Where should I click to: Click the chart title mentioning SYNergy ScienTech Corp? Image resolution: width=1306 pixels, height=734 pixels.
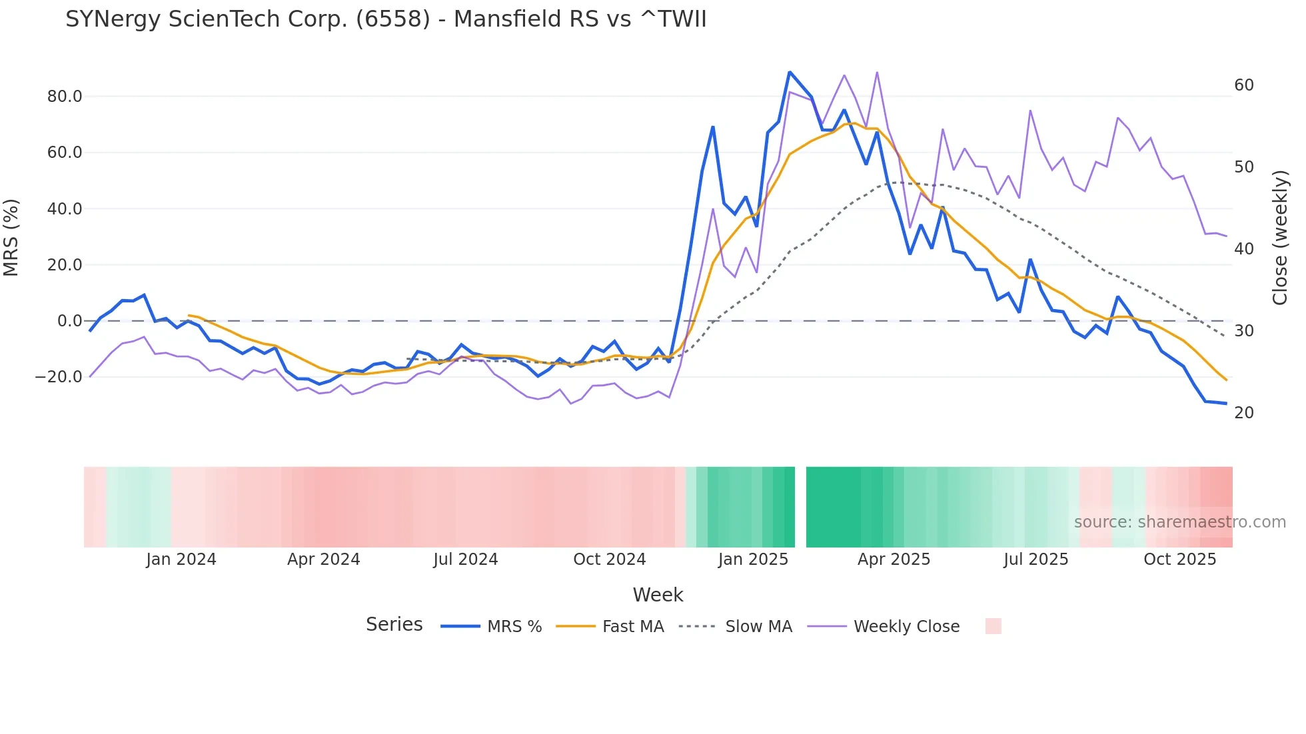386,19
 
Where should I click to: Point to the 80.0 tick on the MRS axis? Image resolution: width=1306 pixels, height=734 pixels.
65,97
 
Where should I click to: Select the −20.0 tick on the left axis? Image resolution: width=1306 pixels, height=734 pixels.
59,377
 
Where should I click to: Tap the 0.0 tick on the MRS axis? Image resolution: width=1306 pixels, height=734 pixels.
70,321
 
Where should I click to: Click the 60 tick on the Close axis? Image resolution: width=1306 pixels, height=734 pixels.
1244,85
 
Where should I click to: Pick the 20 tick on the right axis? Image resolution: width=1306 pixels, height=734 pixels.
1244,413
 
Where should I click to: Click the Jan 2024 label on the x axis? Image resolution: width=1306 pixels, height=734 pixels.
181,559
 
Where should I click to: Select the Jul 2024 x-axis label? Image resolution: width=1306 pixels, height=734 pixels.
466,559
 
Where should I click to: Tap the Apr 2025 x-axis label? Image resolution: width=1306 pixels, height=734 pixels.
894,559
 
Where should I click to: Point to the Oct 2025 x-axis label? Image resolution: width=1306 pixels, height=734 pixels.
1179,559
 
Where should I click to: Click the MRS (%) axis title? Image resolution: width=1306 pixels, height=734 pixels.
11,237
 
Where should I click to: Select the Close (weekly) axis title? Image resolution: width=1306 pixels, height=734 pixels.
1280,238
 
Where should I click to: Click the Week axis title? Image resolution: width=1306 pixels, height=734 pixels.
658,595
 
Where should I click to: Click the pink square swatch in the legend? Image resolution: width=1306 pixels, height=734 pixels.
993,626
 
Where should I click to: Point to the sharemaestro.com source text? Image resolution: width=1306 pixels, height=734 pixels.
1179,522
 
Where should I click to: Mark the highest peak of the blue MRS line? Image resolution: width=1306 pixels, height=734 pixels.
790,72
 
